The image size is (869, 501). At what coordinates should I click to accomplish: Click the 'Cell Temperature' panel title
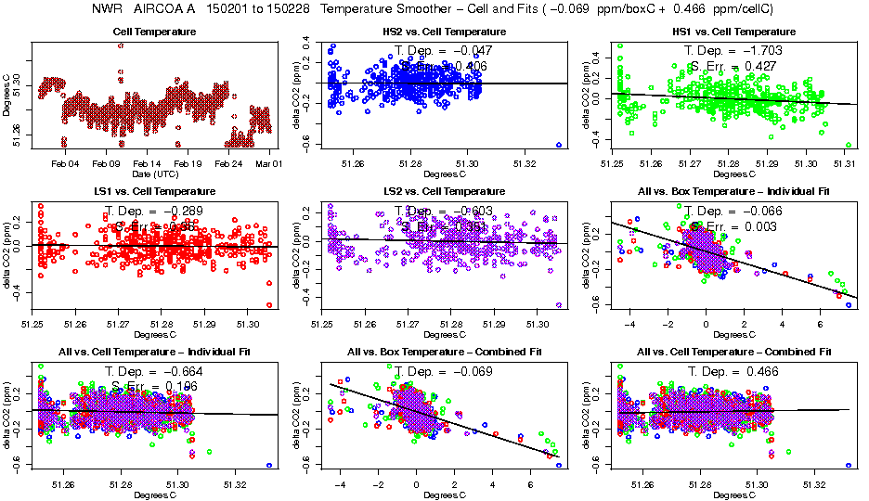[x=153, y=32]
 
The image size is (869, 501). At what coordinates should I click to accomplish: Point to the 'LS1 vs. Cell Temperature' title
[x=153, y=190]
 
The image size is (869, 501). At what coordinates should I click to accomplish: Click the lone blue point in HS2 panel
[x=559, y=145]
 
